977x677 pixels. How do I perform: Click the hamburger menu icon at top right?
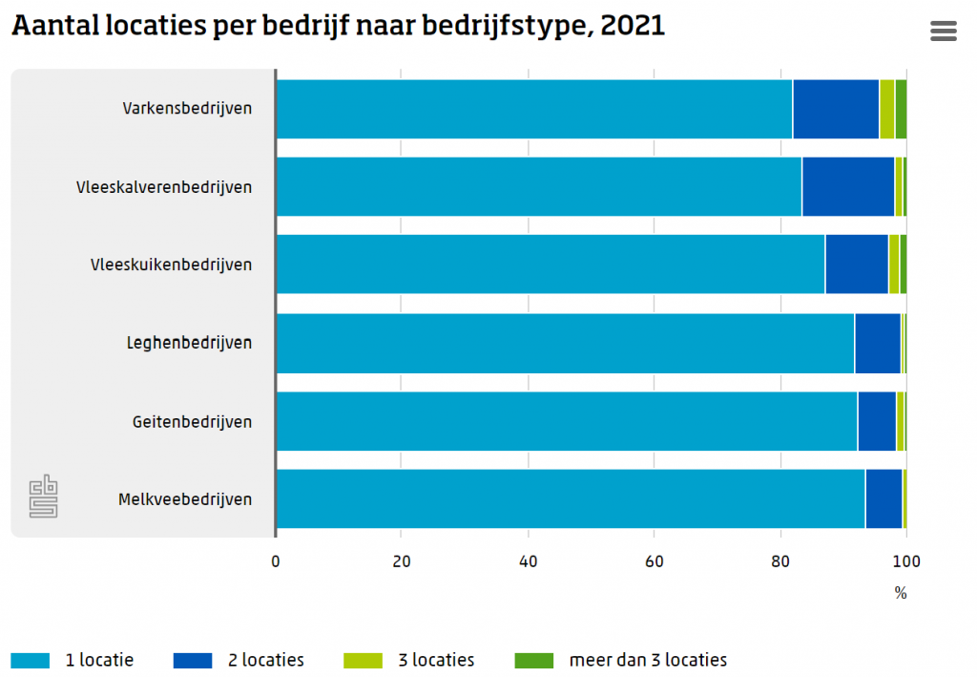pyautogui.click(x=943, y=32)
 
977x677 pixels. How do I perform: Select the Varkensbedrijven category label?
pyautogui.click(x=187, y=108)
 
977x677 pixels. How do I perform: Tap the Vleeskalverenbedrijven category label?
pyautogui.click(x=164, y=186)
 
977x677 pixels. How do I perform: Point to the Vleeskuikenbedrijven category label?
pyautogui.click(x=171, y=264)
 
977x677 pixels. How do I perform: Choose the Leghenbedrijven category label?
pyautogui.click(x=189, y=342)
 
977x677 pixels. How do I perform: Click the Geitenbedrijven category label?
pyautogui.click(x=192, y=420)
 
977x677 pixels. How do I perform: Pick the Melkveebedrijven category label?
pyautogui.click(x=185, y=498)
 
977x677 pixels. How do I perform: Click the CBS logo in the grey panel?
pyautogui.click(x=43, y=497)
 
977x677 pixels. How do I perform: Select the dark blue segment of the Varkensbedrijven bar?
pyautogui.click(x=835, y=109)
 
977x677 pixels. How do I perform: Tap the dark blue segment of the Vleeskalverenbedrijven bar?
pyautogui.click(x=847, y=186)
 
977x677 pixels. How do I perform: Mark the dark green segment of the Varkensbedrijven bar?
pyautogui.click(x=901, y=109)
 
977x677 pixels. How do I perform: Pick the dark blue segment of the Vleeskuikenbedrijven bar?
pyautogui.click(x=856, y=264)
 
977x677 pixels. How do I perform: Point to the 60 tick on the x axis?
pyautogui.click(x=654, y=561)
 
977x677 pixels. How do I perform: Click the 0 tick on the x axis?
pyautogui.click(x=276, y=561)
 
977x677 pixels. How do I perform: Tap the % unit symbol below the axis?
pyautogui.click(x=900, y=593)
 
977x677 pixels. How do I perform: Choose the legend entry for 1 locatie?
pyautogui.click(x=73, y=660)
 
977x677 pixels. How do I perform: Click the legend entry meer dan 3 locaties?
pyautogui.click(x=620, y=660)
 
